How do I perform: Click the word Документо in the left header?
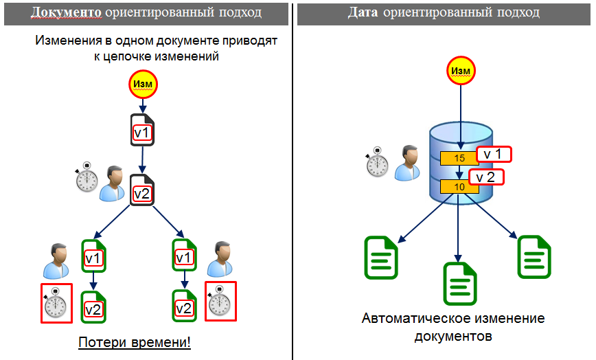tap(63, 13)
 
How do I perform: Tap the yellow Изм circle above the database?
tap(460, 71)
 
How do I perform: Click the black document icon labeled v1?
tap(141, 131)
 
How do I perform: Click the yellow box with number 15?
tap(459, 158)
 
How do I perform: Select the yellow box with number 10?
tap(459, 186)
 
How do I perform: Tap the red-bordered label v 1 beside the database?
tap(494, 155)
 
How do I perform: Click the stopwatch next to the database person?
tap(376, 163)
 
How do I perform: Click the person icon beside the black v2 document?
tap(112, 183)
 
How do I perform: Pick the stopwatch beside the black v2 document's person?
tap(87, 177)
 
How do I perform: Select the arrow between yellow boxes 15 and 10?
tap(459, 172)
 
